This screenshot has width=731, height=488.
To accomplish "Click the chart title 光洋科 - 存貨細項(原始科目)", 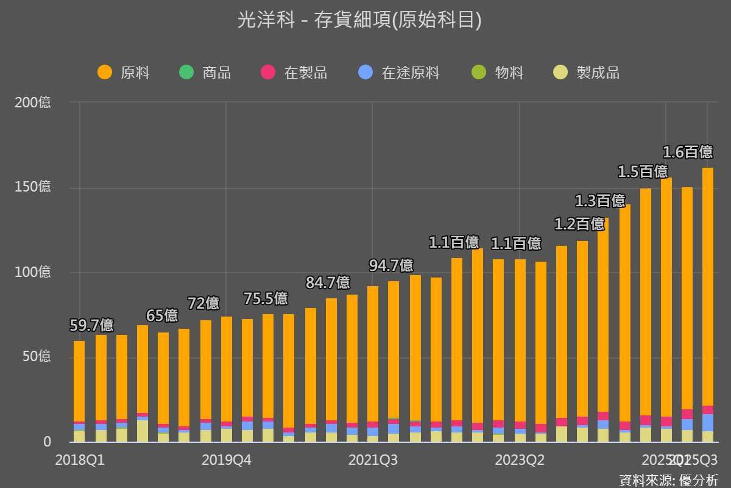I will (359, 21).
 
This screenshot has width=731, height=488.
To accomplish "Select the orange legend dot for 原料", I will (105, 73).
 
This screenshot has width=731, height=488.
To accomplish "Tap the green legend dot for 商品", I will (186, 73).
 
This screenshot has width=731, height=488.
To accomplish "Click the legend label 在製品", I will (306, 73).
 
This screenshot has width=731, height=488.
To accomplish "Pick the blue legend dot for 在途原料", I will (365, 73).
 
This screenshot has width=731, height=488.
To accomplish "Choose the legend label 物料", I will (509, 73).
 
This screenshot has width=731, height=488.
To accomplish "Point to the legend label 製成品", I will (598, 73).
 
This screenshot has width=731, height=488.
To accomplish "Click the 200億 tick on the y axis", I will (33, 102).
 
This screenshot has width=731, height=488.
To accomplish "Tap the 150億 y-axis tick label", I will (33, 187).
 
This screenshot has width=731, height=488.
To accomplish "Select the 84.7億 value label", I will (328, 282).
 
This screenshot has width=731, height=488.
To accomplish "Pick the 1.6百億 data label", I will (687, 152).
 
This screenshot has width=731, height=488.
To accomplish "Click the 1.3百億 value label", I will (600, 201).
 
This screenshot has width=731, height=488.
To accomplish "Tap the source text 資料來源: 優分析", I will (668, 479).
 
